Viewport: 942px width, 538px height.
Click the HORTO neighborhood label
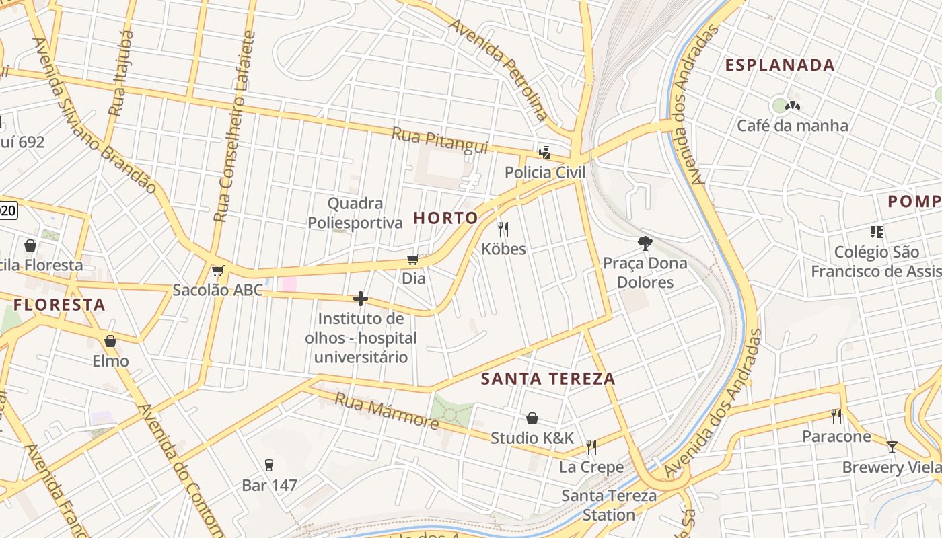click(445, 218)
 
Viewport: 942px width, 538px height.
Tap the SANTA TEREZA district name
click(548, 379)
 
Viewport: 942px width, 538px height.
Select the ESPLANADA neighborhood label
click(780, 65)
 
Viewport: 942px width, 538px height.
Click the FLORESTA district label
click(59, 305)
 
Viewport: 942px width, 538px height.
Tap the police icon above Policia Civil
click(544, 153)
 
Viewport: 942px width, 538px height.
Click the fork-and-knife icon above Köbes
click(503, 229)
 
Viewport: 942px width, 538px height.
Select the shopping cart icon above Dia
click(413, 260)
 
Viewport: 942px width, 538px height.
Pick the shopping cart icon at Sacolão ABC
click(217, 271)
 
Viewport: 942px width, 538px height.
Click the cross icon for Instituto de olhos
click(361, 299)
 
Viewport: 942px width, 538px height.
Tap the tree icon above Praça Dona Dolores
click(645, 243)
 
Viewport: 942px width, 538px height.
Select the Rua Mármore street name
click(386, 411)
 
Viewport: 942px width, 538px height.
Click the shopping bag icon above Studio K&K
click(532, 418)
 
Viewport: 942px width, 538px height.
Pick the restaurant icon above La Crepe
click(591, 447)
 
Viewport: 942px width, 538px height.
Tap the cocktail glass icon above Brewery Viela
click(892, 447)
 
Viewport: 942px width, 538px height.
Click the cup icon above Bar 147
click(269, 465)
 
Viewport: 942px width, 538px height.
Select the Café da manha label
click(792, 126)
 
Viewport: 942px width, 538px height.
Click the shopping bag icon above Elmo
click(110, 342)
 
